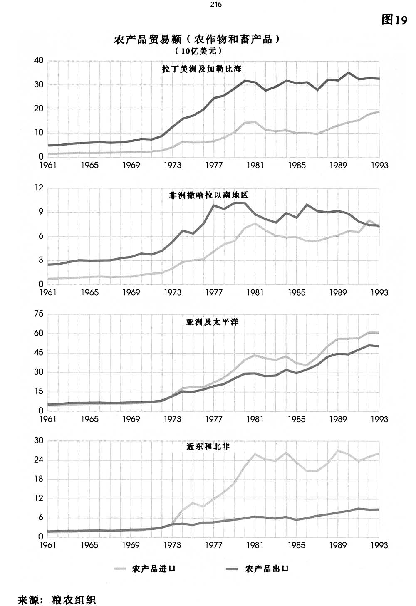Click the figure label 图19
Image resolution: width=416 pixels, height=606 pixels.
tap(394, 20)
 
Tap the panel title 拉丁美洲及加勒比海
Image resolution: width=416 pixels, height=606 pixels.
tap(202, 69)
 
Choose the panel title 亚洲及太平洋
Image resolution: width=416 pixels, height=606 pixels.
tap(212, 322)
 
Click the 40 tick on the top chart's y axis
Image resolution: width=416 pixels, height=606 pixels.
tap(39, 61)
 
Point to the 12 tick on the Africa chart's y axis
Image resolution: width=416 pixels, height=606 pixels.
tap(39, 188)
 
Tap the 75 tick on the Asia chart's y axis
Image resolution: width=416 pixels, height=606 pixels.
tap(39, 314)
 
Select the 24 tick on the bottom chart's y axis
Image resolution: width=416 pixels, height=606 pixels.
tap(39, 460)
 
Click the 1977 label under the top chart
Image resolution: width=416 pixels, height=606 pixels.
tap(214, 166)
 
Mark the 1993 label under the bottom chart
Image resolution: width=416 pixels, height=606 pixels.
tap(379, 545)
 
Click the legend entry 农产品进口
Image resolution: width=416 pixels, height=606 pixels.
tap(154, 569)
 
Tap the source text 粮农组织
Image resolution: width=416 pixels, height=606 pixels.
tap(74, 600)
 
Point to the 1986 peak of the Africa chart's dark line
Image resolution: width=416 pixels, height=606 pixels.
tap(307, 205)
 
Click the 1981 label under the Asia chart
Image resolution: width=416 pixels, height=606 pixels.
tap(255, 419)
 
